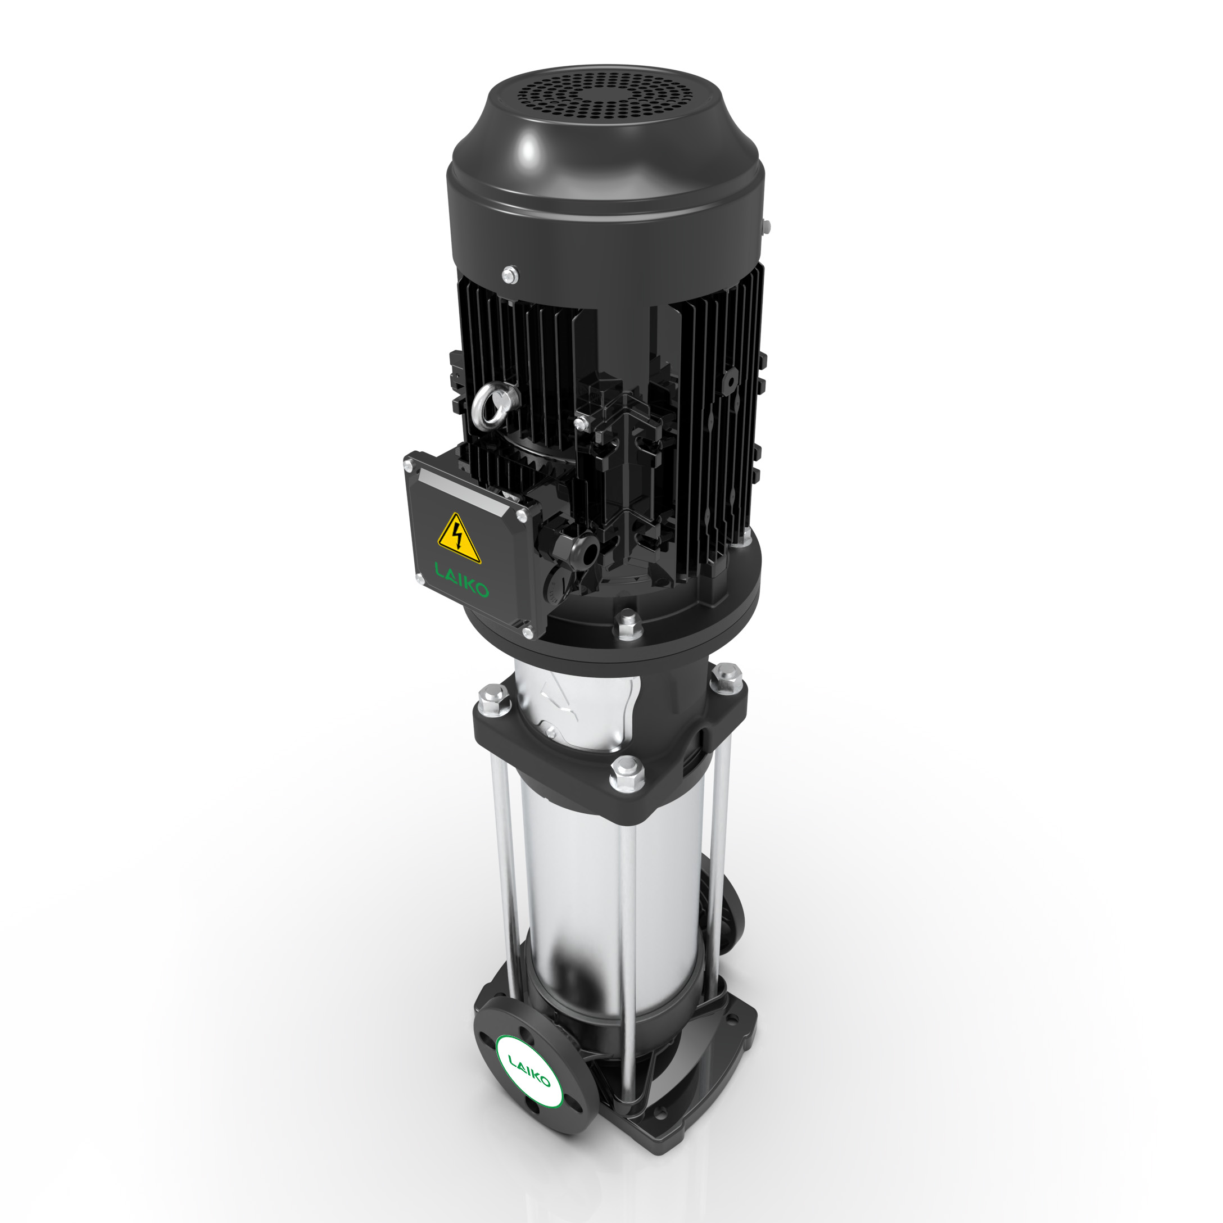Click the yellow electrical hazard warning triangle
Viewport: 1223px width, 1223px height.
(458, 540)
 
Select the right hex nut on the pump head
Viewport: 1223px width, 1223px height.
(727, 674)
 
